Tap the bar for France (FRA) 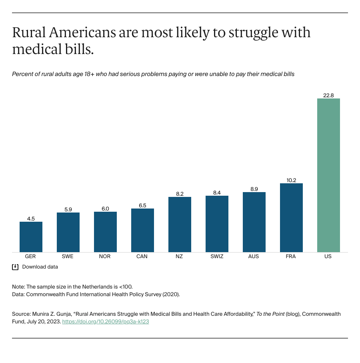coord(291,218)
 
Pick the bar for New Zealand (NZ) coord(180,225)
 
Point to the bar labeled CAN coord(142,231)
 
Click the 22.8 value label coord(328,95)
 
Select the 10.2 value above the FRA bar coord(291,180)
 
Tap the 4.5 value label coord(31,219)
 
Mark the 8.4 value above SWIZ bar coord(217,193)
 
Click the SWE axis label coord(68,257)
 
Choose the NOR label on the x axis coord(105,257)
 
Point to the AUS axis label coord(254,257)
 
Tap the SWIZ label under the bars coord(217,257)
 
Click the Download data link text coord(40,267)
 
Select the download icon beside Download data coord(15,267)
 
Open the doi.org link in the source coord(105,321)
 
